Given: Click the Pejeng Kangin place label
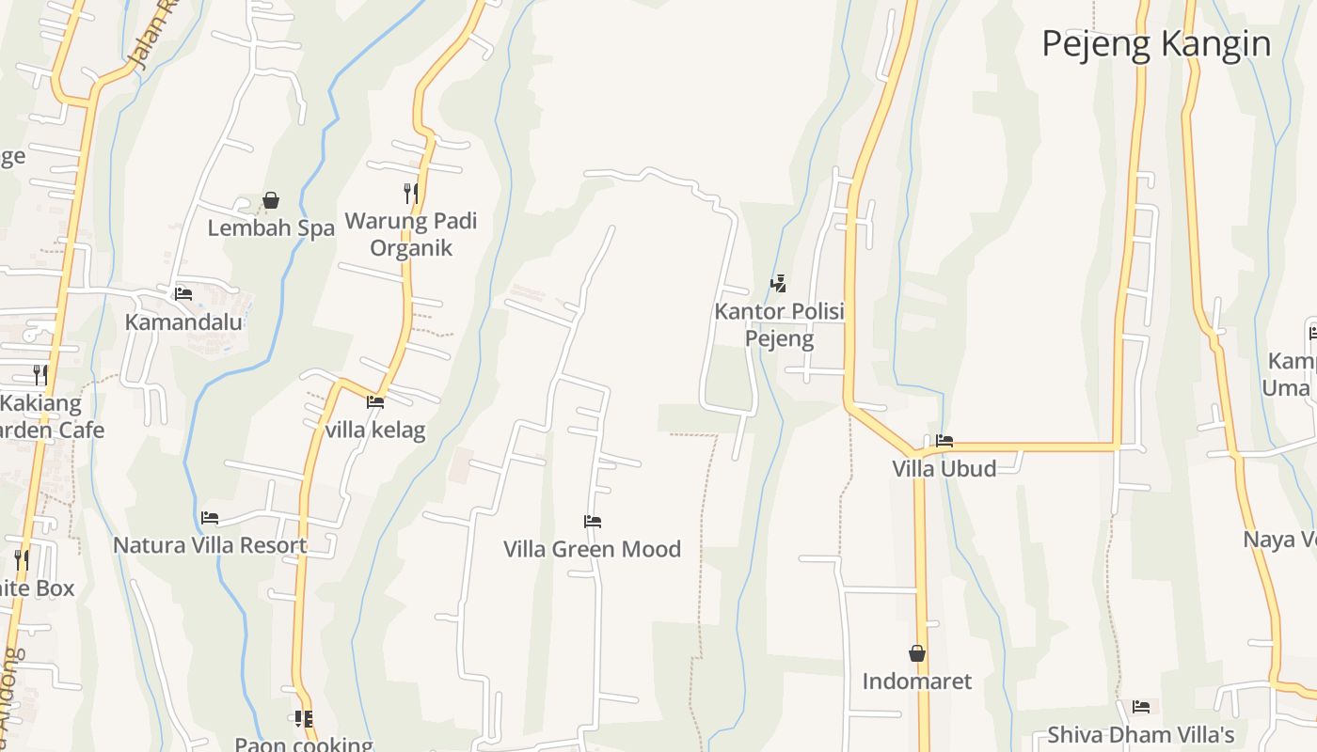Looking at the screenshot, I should (x=1156, y=44).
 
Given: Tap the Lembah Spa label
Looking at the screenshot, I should (x=271, y=227).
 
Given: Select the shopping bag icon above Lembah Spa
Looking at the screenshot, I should (x=271, y=200).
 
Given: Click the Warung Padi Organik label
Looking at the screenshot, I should (x=411, y=234).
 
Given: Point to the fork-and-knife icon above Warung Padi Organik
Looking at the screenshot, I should (x=411, y=194).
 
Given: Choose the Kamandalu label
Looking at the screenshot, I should (x=183, y=321).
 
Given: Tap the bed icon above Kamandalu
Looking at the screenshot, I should (x=183, y=294).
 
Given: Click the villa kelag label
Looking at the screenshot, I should (x=375, y=431).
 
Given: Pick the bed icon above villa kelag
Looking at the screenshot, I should (x=375, y=402).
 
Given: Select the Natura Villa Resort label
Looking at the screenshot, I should (x=210, y=545).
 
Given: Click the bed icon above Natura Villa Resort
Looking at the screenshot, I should (x=210, y=518).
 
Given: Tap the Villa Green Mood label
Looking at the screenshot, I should (x=592, y=549).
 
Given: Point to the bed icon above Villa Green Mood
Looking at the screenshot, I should (x=592, y=522).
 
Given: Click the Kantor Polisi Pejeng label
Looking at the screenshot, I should (x=779, y=324).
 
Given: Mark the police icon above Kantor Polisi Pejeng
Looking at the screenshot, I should (x=778, y=283).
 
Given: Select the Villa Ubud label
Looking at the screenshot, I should (x=944, y=468).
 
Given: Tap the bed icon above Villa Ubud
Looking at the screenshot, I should (x=944, y=441).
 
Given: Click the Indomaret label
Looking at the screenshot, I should (x=916, y=681).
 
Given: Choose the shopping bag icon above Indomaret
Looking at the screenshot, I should (x=917, y=653).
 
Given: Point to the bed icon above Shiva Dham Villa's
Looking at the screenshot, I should (x=1141, y=707).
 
